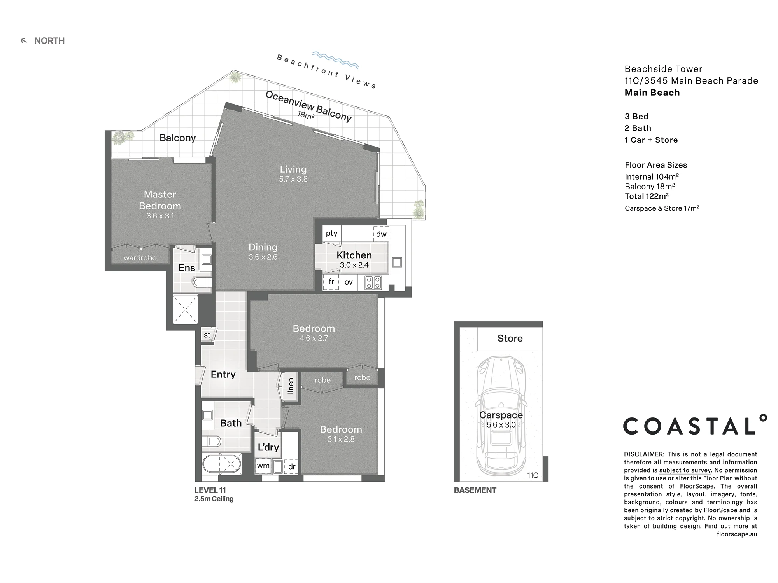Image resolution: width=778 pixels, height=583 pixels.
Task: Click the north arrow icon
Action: coord(24,41)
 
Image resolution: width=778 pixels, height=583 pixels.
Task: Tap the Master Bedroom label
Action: coord(160,200)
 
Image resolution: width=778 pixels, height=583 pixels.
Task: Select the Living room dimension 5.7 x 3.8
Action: coord(293,179)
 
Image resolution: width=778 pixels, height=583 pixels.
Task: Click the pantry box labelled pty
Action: coord(332,234)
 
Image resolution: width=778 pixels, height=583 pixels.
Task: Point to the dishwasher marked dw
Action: coord(381,234)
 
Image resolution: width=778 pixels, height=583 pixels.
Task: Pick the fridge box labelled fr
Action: coord(331,282)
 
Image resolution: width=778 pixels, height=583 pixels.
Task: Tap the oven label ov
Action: coord(349,282)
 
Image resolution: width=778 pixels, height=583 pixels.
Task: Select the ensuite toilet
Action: coord(203,282)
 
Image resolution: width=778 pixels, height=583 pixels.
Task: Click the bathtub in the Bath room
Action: coord(221,464)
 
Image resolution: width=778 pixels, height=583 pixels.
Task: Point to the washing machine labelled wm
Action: coord(263,466)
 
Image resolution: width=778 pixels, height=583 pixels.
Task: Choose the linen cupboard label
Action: coord(291,386)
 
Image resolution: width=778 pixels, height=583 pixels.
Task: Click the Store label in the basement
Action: coord(510,339)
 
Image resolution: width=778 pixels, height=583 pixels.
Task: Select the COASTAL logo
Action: coord(695,425)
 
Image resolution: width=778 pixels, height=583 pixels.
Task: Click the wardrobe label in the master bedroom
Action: coord(140,258)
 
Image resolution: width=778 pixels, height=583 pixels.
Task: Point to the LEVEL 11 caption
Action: coord(210,490)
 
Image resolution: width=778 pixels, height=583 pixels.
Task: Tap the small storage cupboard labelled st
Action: coord(207,335)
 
